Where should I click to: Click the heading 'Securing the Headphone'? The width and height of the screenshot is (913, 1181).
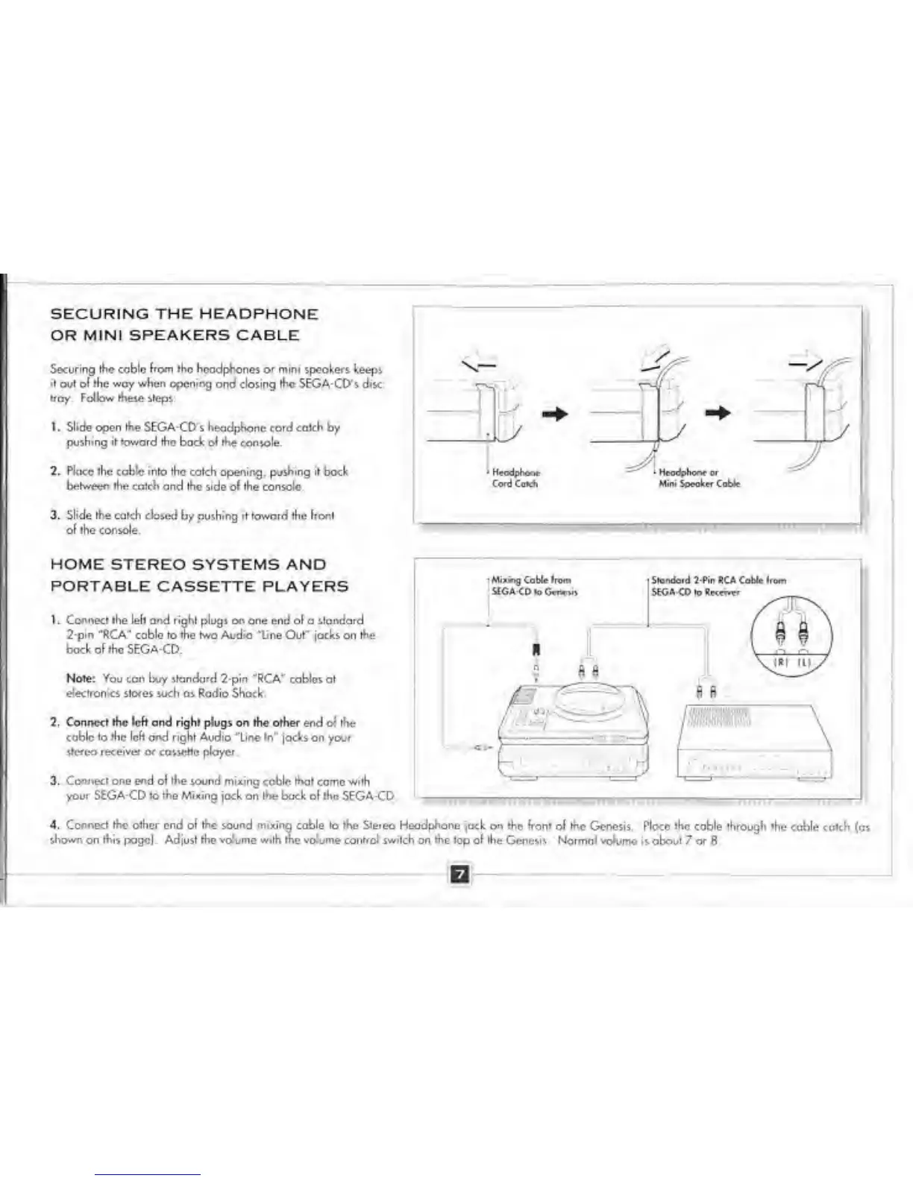184,314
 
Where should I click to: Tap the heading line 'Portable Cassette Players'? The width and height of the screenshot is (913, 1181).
199,586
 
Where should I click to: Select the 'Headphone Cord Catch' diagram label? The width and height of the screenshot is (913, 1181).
515,478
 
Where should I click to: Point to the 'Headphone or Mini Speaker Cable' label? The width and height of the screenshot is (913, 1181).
699,478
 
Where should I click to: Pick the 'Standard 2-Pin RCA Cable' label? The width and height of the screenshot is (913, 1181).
718,585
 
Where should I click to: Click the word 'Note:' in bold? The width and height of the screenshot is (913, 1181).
81,678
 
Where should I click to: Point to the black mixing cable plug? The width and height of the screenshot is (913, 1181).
535,649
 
